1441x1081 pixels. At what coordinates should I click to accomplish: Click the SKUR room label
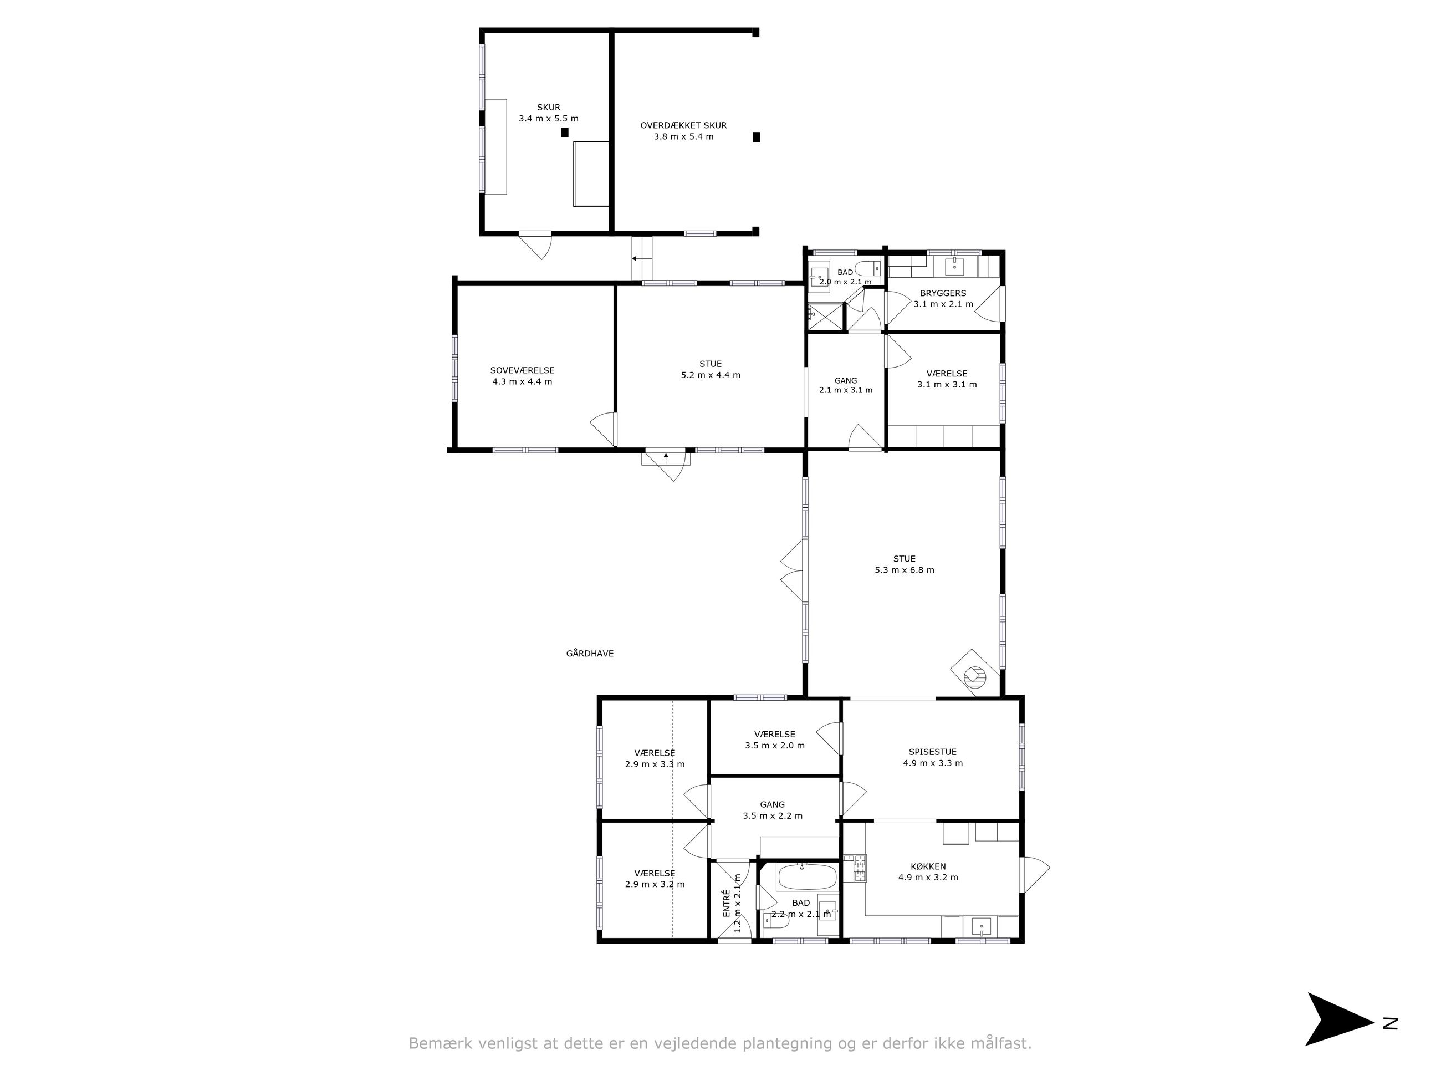549,108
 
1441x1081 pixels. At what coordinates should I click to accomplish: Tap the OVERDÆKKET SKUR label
683,125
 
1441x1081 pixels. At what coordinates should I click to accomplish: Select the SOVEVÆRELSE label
523,370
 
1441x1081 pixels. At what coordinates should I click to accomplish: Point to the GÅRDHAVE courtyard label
590,654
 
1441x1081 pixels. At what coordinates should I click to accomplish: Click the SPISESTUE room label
933,752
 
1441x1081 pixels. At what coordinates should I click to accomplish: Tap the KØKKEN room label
928,866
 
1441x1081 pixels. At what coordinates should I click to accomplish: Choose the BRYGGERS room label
943,293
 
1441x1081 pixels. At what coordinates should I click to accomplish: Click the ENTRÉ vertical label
727,904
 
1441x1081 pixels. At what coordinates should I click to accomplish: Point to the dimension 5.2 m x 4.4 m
711,375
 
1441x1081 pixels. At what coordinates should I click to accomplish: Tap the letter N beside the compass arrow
1390,1023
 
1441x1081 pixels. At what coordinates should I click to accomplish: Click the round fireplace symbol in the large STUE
975,677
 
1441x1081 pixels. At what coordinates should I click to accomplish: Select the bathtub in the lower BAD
806,877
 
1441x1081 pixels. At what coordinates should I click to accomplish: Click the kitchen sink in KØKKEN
980,926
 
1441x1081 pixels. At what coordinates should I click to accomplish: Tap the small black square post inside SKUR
565,132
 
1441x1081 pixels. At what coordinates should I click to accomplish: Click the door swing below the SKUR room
535,246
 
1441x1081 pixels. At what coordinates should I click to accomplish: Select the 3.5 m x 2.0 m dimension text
775,746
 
